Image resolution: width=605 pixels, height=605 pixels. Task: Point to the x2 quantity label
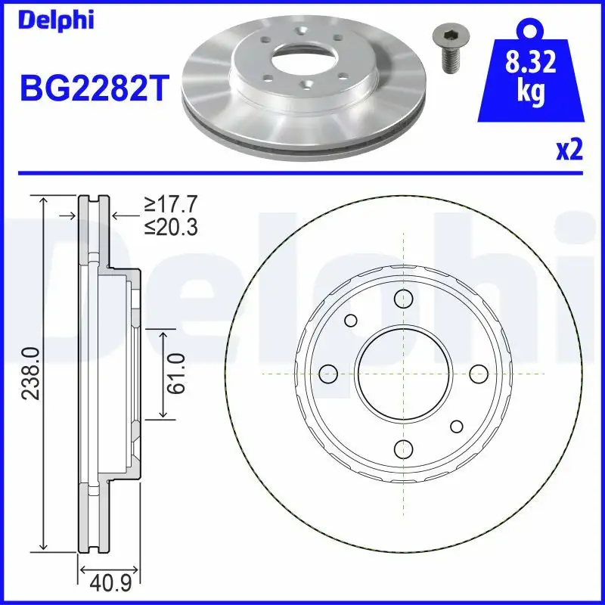point(569,150)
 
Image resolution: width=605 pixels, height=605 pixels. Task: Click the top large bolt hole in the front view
point(403,298)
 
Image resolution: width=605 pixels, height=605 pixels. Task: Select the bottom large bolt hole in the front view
point(403,448)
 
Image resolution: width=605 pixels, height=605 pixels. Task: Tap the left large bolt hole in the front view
point(328,373)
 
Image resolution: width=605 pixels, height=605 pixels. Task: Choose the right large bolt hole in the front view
point(478,373)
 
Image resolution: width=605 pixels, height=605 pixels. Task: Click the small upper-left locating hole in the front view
point(350,320)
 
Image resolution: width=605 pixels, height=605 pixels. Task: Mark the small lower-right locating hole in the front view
point(456,426)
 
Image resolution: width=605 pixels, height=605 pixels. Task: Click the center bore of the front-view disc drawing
point(403,373)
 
